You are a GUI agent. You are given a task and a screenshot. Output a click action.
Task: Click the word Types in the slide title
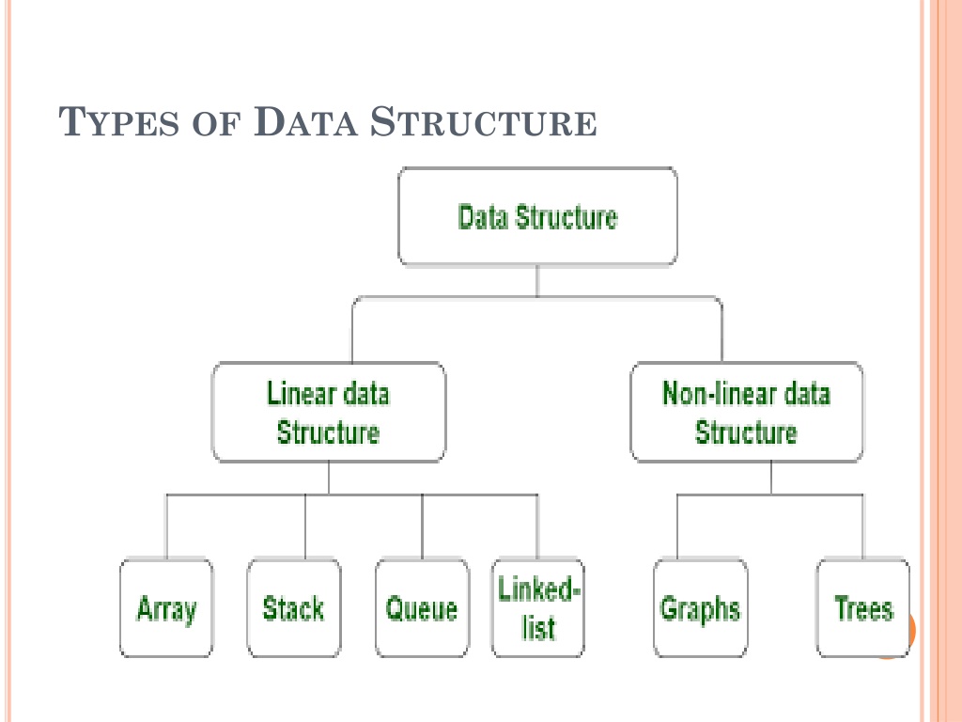coord(119,121)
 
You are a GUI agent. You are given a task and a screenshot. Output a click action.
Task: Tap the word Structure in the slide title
coord(484,121)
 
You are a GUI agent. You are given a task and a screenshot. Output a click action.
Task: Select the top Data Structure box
coord(537,216)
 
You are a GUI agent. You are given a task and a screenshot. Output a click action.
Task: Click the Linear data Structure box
coord(328,412)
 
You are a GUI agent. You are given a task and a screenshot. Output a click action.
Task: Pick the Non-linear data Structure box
coord(747,412)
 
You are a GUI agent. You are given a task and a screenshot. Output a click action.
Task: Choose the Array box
coord(166,608)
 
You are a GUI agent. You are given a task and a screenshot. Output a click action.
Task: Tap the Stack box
coord(294,608)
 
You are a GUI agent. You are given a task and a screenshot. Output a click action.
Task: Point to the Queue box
coord(422,608)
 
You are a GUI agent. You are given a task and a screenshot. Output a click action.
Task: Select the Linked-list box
coord(538,608)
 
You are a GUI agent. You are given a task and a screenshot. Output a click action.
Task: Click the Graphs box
coord(701,608)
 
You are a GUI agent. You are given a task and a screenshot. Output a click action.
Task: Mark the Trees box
coord(863,608)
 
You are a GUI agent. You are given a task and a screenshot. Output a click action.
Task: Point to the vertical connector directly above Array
coord(166,526)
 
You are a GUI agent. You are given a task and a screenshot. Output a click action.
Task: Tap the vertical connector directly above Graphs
coord(677,526)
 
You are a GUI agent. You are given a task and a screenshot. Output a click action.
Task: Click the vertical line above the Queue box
coord(422,526)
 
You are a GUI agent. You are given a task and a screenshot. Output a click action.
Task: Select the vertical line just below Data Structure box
coord(537,281)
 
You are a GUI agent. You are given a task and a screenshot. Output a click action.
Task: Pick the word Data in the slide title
coord(305,121)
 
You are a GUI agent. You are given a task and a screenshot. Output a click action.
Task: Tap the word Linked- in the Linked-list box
coord(538,589)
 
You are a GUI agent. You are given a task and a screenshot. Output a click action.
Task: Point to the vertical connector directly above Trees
coord(863,526)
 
